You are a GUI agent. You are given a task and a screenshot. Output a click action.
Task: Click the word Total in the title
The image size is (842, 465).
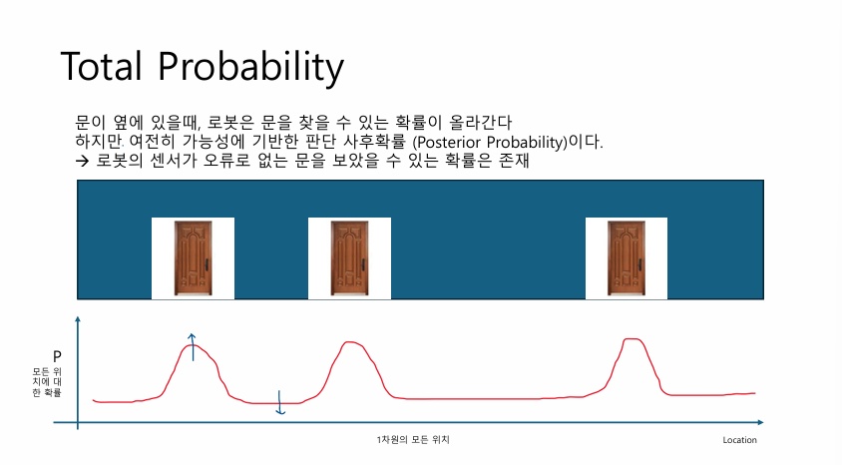click(x=101, y=66)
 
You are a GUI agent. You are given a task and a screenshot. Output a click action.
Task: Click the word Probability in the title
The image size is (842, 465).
click(x=250, y=68)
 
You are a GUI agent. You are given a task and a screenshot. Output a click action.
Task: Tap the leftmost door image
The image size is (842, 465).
click(x=194, y=258)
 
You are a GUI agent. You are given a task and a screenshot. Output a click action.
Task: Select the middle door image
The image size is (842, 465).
click(x=349, y=258)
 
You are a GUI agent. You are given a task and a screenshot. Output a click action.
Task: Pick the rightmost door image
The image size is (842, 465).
click(x=627, y=258)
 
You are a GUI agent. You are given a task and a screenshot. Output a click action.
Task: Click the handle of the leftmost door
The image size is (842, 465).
click(x=207, y=265)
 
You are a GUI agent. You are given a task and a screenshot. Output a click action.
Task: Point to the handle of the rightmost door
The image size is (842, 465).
click(x=639, y=265)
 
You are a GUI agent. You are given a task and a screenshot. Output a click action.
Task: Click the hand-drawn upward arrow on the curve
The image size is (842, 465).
click(x=193, y=347)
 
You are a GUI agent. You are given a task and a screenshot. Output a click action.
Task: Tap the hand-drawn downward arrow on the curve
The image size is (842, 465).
click(x=279, y=403)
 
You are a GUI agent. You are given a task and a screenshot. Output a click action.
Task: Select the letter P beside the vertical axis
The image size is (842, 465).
click(x=57, y=356)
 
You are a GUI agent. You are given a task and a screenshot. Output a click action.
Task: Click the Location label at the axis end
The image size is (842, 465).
click(x=739, y=440)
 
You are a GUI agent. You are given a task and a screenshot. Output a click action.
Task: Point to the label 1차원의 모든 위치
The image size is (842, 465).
click(x=413, y=440)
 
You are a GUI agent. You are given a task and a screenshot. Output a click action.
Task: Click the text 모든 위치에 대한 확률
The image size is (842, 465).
click(x=47, y=382)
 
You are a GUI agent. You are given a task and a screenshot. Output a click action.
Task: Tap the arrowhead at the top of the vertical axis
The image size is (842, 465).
click(x=78, y=319)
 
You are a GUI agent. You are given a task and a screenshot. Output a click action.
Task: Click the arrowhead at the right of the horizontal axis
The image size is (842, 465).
click(x=759, y=422)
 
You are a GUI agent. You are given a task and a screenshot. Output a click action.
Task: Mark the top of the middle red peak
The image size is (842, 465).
click(x=349, y=342)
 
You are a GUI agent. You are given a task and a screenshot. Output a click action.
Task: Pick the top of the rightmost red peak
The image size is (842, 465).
click(x=631, y=339)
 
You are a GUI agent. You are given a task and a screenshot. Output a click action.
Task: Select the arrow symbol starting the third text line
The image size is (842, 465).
click(x=82, y=160)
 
